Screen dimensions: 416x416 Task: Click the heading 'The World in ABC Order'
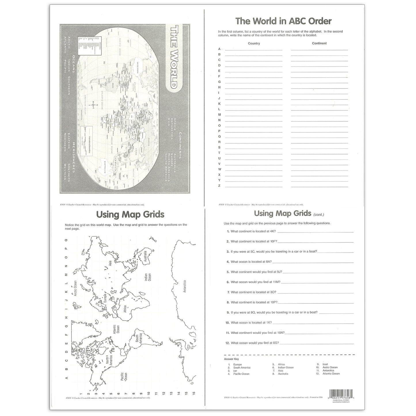click(x=283, y=21)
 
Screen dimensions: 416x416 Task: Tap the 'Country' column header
click(x=254, y=43)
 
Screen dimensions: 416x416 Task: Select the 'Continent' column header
click(x=319, y=43)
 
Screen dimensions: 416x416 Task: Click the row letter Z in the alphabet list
click(x=219, y=186)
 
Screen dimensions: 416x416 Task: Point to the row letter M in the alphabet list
click(x=219, y=115)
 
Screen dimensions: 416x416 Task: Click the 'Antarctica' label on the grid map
click(x=185, y=286)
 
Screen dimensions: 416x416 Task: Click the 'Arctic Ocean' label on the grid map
click(x=75, y=288)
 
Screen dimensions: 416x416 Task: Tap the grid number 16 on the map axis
click(x=194, y=393)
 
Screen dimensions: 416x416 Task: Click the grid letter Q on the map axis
click(x=66, y=240)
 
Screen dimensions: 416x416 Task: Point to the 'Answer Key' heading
click(x=231, y=359)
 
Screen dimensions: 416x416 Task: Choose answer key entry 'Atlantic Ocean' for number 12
click(x=331, y=374)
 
